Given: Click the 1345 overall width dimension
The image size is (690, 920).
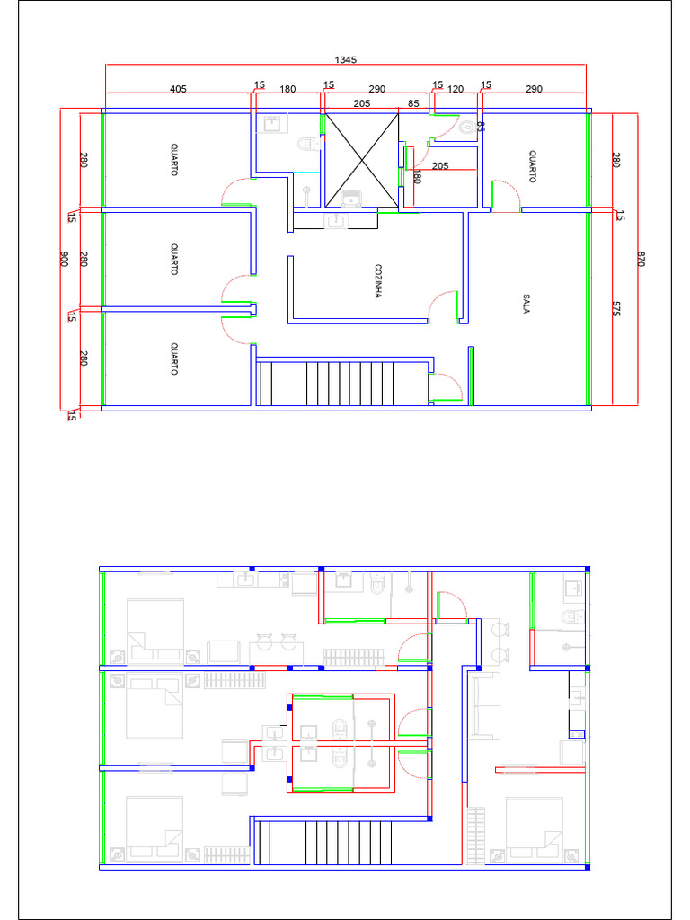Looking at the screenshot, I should point(346,59).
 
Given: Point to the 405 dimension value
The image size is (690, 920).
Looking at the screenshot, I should point(178,89).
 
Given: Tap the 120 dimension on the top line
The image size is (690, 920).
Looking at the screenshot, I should point(456,89).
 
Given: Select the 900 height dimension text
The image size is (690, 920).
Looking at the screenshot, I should point(65,259).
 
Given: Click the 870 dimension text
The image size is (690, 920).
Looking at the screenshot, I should point(641,259).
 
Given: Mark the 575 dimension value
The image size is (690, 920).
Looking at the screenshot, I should point(616,307).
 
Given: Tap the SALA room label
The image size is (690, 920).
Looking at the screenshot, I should point(526,304).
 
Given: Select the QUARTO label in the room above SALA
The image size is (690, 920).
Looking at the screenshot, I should point(532,166).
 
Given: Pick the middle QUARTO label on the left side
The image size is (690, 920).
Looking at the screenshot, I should point(173,259).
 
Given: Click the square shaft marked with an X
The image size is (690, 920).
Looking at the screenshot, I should point(360,160).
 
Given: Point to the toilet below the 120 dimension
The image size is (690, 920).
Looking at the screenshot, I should point(466,128).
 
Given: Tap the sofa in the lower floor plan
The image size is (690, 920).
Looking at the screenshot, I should point(484,706).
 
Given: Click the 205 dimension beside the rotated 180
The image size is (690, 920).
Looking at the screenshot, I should point(440,165).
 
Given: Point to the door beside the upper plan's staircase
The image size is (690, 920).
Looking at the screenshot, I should point(446,386).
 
